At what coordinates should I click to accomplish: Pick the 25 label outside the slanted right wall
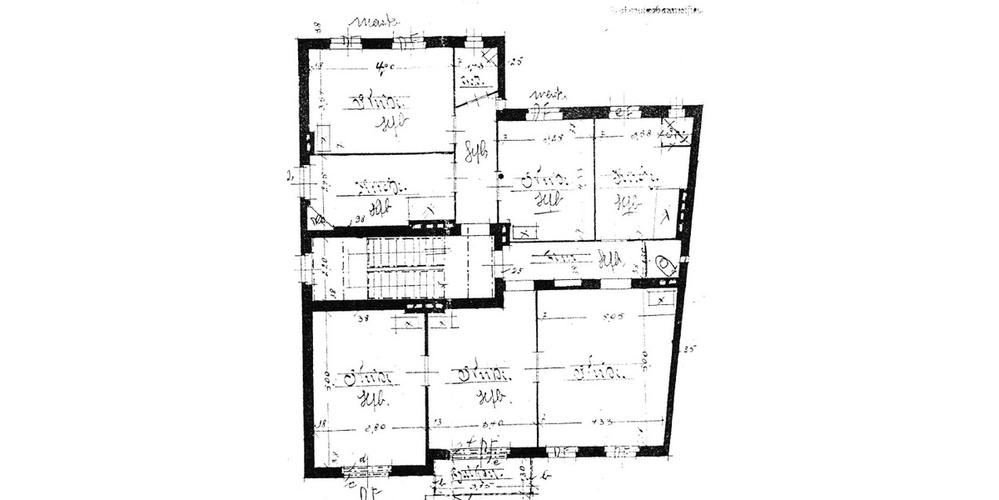click(689, 348)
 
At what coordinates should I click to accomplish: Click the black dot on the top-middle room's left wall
click(500, 177)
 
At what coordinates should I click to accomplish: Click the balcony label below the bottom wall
click(468, 476)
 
